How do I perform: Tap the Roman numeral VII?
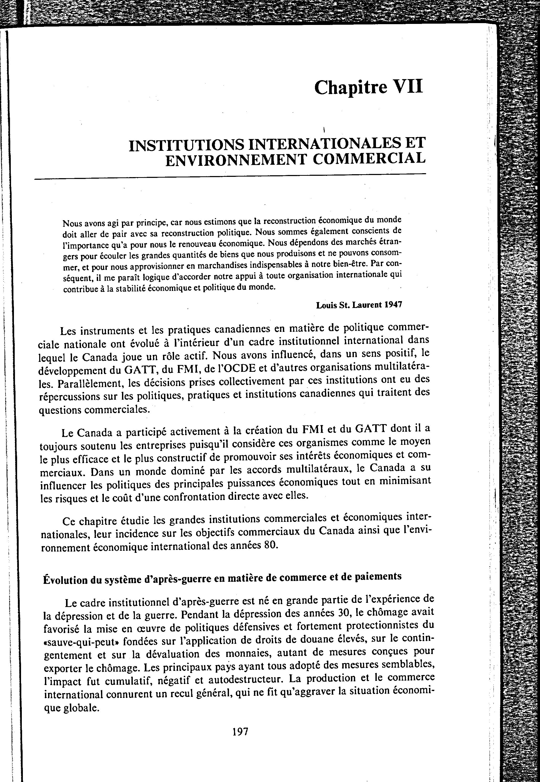click(x=407, y=87)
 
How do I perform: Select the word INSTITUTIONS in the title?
click(x=186, y=145)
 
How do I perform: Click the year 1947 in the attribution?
click(x=393, y=304)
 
